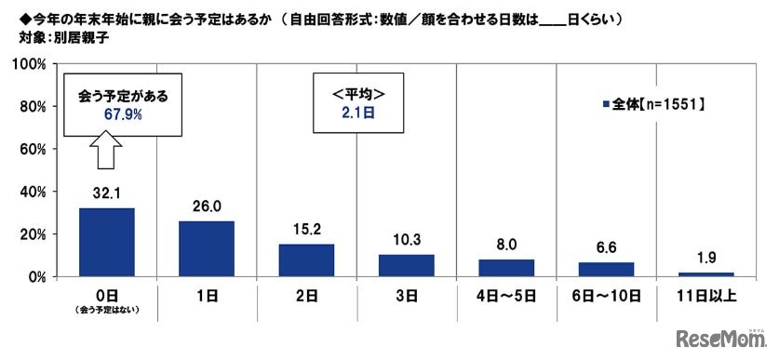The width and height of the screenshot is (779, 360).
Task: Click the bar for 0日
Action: tap(106, 242)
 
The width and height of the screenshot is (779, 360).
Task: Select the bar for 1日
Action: tap(206, 248)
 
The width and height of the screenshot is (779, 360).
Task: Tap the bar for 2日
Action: tap(306, 260)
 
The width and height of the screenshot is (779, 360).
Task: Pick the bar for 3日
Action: tap(406, 265)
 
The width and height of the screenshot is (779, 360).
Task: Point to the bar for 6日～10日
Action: tap(606, 269)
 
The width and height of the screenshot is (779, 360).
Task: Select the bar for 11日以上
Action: tap(705, 273)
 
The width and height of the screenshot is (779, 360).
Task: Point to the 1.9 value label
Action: tap(705, 261)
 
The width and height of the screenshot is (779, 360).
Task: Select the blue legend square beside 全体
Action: tap(605, 105)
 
